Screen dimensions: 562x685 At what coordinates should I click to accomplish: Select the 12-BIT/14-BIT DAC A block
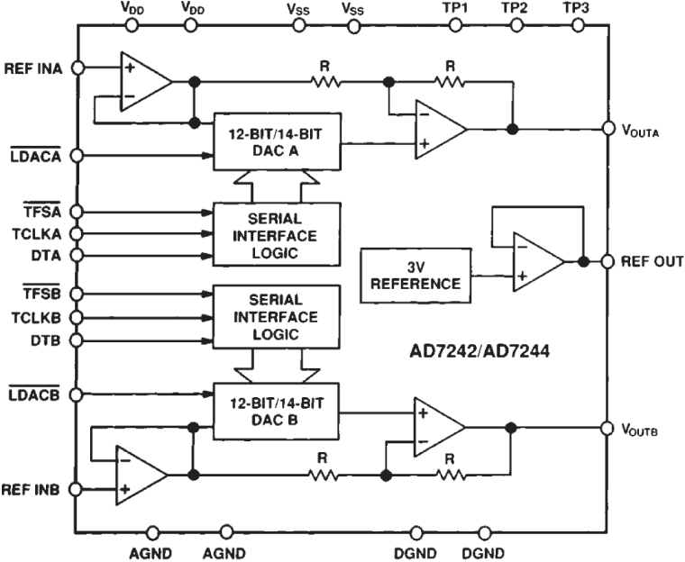point(276,141)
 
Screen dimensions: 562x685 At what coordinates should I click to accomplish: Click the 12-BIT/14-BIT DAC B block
point(276,412)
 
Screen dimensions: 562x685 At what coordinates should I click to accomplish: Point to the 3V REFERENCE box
point(416,275)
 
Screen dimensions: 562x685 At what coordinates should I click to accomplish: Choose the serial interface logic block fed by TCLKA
point(276,233)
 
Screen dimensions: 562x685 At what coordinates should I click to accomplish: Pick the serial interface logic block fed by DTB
point(276,317)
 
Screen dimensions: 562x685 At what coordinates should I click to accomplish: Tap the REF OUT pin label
point(650,262)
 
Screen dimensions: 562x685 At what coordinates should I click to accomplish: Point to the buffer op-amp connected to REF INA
point(145,81)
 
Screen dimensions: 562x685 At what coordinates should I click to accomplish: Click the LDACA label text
point(34,156)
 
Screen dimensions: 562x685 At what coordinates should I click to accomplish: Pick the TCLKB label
point(36,317)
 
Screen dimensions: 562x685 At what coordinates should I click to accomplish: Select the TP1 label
point(456,7)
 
